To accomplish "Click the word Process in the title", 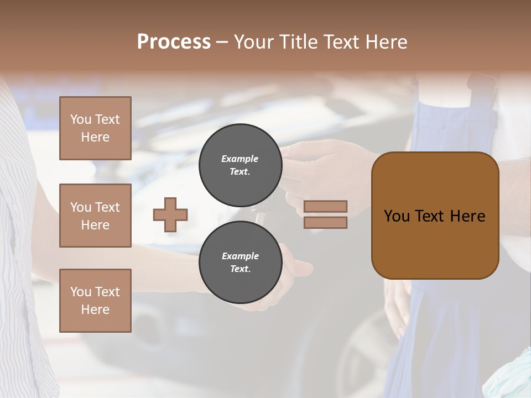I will [x=174, y=41].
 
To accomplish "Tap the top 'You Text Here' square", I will [x=95, y=128].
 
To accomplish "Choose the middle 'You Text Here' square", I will [x=95, y=216].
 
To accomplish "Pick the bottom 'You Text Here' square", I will [x=95, y=300].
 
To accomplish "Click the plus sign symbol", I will [x=170, y=214].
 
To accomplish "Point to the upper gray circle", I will [x=240, y=165].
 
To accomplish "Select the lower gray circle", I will [x=240, y=262].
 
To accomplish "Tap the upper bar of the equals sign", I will [x=325, y=206].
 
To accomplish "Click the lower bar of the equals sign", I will [x=325, y=222].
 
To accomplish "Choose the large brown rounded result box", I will [x=435, y=216].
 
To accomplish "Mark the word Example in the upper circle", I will [x=240, y=159].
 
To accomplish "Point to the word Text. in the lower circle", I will [x=240, y=269].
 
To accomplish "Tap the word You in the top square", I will [x=81, y=119].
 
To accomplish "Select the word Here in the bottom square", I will [x=95, y=310].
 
